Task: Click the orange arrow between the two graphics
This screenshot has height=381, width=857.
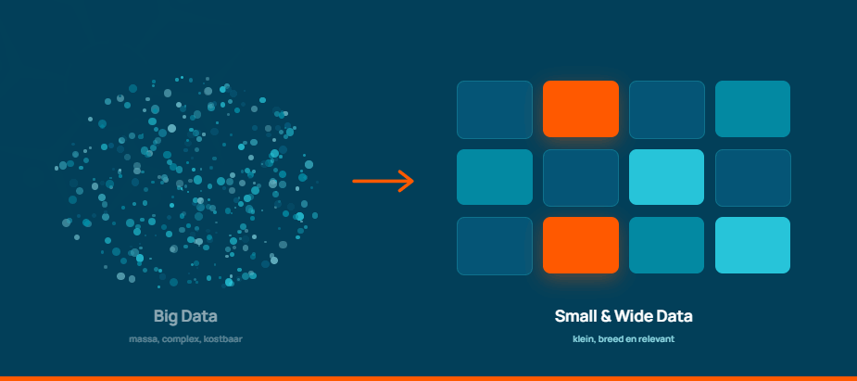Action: [x=384, y=181]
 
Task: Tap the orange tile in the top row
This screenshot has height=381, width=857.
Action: [x=580, y=108]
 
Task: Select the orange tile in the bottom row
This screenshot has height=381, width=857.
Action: [x=580, y=245]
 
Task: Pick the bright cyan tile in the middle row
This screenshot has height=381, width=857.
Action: [x=666, y=177]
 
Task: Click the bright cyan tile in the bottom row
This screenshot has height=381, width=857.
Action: [x=752, y=245]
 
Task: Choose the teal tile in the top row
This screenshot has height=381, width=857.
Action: [x=752, y=108]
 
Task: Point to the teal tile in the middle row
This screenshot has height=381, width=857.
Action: [x=495, y=177]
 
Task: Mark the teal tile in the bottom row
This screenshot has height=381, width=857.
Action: [x=666, y=245]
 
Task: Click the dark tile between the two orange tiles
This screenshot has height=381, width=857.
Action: [x=580, y=177]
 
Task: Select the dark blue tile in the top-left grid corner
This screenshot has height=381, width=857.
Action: [x=495, y=108]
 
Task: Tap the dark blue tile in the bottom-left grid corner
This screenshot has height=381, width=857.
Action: [x=495, y=246]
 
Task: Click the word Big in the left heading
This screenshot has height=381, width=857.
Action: [x=166, y=316]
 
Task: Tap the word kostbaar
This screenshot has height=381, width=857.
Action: [x=222, y=339]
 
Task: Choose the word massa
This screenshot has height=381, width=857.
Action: [x=144, y=339]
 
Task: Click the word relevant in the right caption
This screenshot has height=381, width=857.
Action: [x=656, y=339]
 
